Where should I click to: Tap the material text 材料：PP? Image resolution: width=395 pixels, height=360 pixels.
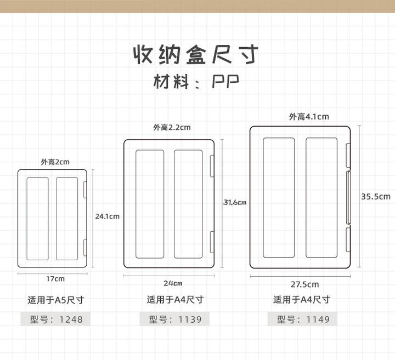click(196, 83)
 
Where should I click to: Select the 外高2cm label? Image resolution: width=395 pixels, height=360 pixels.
click(55, 162)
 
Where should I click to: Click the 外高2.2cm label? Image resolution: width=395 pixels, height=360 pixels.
click(172, 128)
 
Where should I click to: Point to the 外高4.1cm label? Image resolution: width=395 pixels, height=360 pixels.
click(309, 116)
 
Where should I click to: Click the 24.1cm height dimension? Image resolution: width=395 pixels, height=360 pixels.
click(108, 216)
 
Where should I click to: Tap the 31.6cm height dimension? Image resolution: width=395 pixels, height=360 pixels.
click(235, 202)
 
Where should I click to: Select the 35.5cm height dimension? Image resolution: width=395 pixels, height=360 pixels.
click(376, 197)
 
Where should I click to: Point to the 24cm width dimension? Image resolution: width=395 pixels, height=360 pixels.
click(172, 283)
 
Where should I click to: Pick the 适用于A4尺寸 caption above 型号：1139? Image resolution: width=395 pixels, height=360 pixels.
click(175, 300)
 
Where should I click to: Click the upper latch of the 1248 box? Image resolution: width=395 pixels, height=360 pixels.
click(85, 190)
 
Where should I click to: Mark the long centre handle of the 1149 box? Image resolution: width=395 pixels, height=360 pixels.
click(349, 198)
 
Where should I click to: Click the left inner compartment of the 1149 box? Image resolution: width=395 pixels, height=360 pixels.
click(279, 198)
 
